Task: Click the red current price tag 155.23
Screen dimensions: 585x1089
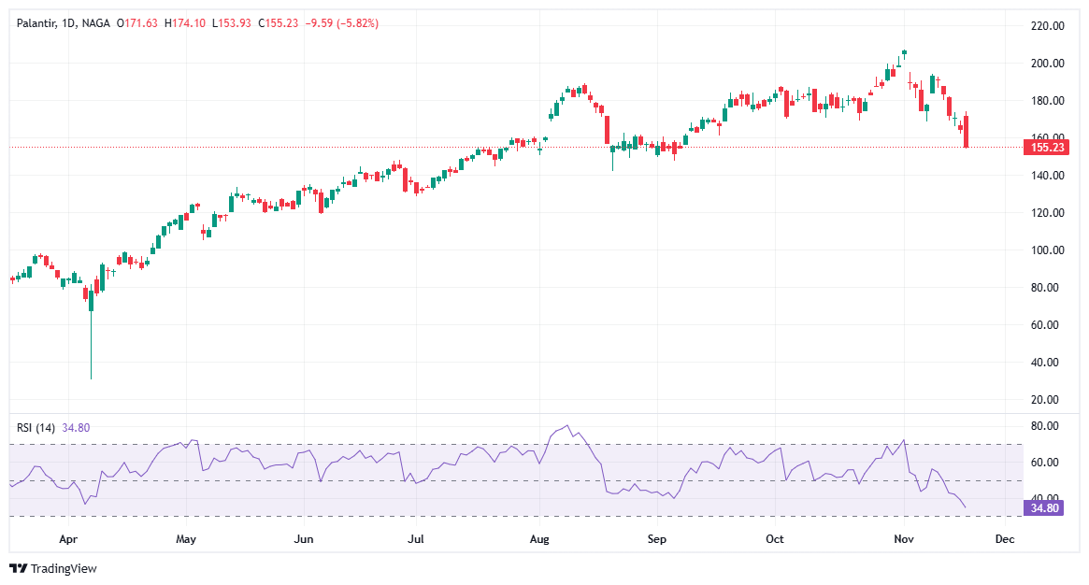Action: point(1046,147)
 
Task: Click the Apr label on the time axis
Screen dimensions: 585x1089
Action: point(67,539)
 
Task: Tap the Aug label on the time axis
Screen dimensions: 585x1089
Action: point(538,539)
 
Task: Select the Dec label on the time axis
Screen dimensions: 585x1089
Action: point(1005,539)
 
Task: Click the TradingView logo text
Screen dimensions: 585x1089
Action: point(64,568)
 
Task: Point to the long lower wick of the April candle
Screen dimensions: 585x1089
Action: point(91,346)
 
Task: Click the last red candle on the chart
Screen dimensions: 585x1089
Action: point(967,131)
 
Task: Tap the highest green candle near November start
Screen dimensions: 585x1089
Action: point(904,52)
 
